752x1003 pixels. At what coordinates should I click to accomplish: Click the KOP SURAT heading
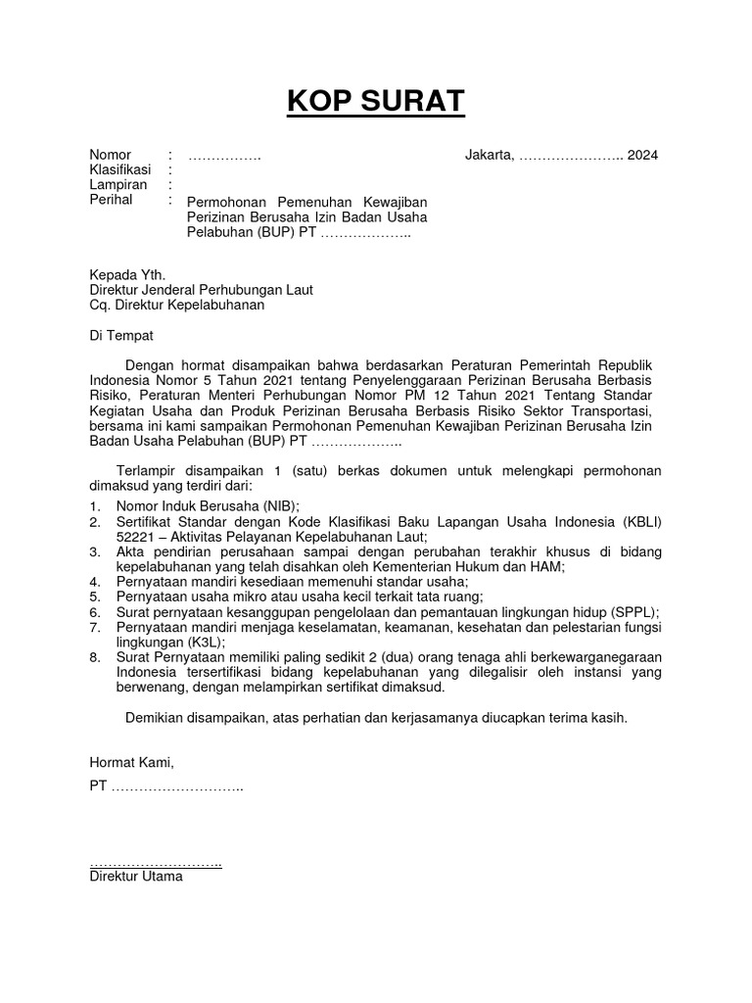pos(376,101)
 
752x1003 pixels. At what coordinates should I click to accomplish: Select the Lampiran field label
pos(118,184)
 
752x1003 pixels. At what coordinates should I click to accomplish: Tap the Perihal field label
pos(111,199)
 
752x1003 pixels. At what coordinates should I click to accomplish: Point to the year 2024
pos(643,155)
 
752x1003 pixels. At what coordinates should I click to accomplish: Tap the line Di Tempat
pos(121,335)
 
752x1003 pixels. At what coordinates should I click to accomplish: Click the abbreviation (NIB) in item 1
pos(256,506)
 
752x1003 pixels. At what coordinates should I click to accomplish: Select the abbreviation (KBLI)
pos(638,522)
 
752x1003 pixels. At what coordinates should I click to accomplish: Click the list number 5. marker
pos(95,597)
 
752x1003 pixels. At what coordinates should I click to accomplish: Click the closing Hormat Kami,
pos(131,762)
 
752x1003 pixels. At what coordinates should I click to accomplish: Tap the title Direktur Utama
pos(135,877)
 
